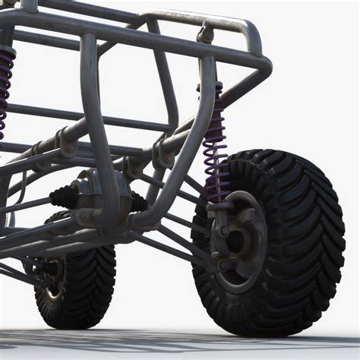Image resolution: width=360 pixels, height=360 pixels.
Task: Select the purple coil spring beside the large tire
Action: pyautogui.click(x=216, y=148)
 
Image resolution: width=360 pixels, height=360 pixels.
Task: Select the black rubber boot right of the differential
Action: pyautogui.click(x=139, y=202)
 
